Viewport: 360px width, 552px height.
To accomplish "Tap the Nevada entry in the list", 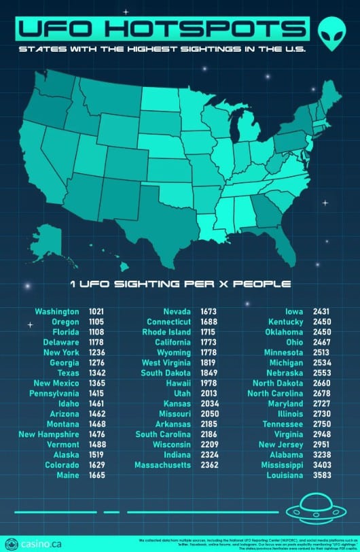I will click(x=177, y=311).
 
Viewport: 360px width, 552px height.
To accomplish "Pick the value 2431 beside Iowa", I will click(x=321, y=311).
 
